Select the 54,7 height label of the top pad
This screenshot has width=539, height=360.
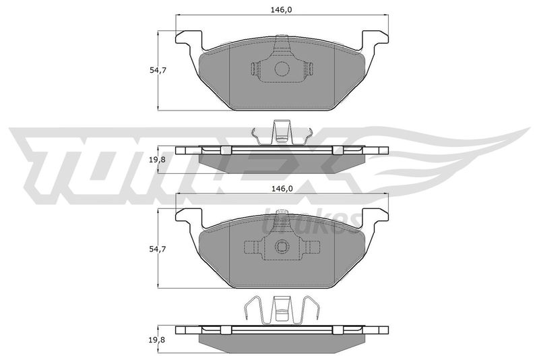158,70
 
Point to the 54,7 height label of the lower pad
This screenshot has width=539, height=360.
158,249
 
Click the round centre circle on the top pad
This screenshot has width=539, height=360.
282,69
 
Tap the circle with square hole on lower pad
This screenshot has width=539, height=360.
282,247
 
